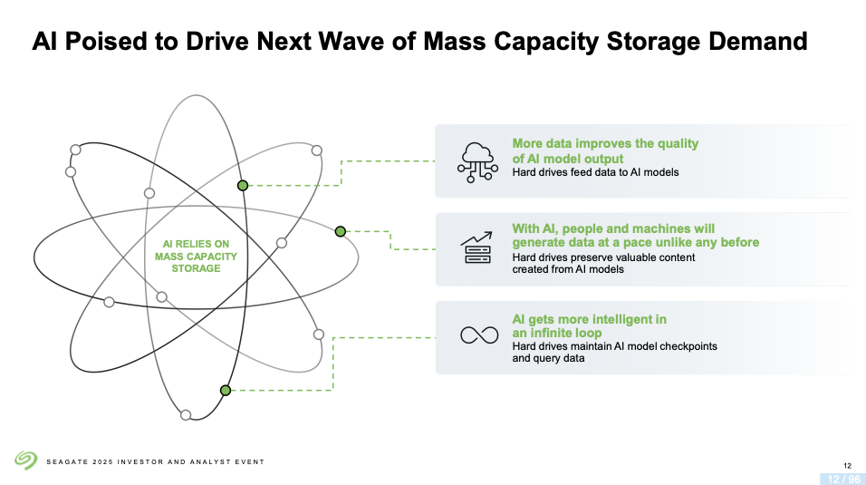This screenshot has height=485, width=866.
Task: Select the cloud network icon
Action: [477, 162]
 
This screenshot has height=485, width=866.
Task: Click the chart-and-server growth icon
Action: [476, 247]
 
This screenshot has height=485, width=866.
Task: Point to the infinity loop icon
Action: [479, 335]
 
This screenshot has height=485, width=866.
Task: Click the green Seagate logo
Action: [25, 461]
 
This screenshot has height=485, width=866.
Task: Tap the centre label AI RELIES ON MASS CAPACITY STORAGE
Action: [196, 256]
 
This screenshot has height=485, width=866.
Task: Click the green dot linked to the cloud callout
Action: [243, 186]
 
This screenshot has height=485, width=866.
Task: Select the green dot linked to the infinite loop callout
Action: [226, 391]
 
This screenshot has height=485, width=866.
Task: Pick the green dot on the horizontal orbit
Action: [341, 232]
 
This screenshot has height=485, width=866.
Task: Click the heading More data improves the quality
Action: [605, 144]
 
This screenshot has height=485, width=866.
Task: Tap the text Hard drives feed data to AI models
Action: [595, 172]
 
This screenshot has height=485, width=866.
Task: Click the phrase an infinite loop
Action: [557, 333]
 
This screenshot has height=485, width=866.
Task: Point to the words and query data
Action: [548, 358]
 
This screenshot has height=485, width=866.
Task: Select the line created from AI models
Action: [568, 269]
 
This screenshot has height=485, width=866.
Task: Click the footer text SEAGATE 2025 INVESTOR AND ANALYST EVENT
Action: [155, 461]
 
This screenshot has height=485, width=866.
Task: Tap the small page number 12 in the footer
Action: [847, 466]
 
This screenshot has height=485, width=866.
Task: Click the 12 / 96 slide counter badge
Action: [843, 479]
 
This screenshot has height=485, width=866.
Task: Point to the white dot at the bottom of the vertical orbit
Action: [186, 415]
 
